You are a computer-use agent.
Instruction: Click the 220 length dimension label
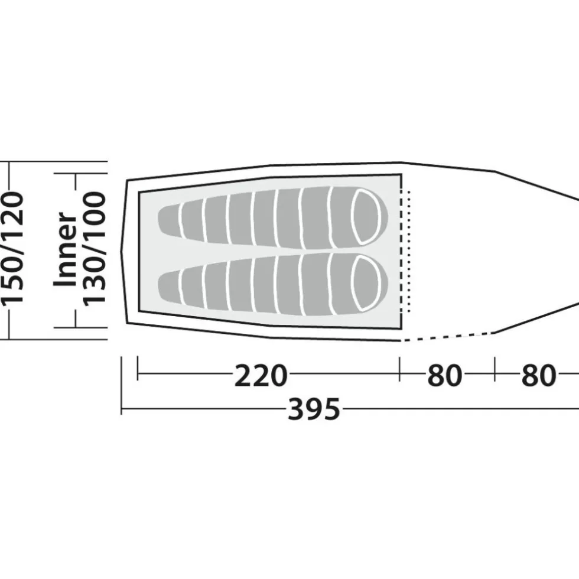pyautogui.click(x=261, y=375)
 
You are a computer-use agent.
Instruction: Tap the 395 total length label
pyautogui.click(x=314, y=409)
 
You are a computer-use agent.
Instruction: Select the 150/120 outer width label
pyautogui.click(x=13, y=248)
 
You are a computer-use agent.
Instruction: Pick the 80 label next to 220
pyautogui.click(x=444, y=375)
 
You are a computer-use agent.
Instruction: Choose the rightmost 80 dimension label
pyautogui.click(x=538, y=375)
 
